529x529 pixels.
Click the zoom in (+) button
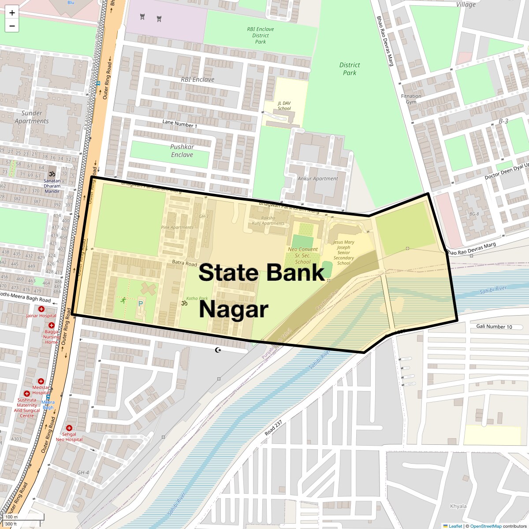pos(12,13)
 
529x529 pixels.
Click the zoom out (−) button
pos(12,26)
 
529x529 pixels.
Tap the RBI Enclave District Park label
pos(261,35)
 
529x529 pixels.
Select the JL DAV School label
pos(284,106)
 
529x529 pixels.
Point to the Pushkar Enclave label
pos(182,151)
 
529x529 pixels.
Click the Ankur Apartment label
pos(318,179)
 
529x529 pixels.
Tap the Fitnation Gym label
pos(411,99)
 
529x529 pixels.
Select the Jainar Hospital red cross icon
pos(41,309)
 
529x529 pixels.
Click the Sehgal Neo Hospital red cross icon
pos(69,428)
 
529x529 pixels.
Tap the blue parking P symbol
pos(141,303)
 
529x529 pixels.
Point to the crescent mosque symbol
pos(217,350)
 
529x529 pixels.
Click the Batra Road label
pos(184,263)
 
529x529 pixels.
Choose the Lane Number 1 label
pos(180,124)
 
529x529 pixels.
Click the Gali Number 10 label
pos(494,327)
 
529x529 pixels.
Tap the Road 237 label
pos(273,428)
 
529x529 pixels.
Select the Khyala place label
pos(458,506)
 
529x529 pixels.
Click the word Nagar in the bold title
pos(234,309)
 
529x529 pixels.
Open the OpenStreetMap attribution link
pos(485,526)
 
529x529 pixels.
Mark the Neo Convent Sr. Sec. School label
pos(303,256)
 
